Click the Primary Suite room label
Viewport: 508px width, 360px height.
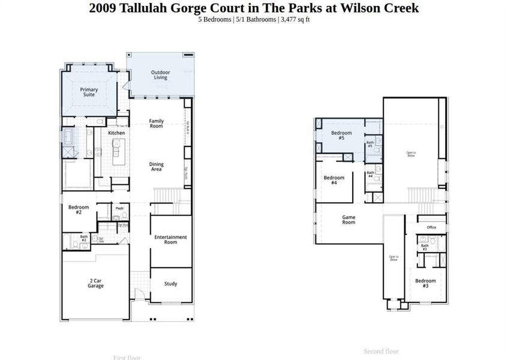pos(89,92)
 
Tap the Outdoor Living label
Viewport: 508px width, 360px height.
pos(160,75)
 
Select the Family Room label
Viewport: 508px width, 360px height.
pos(156,124)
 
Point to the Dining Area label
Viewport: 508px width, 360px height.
pos(156,167)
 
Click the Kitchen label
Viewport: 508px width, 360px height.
pos(116,133)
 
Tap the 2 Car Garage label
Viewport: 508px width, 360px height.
pos(95,283)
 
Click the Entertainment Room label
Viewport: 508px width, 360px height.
pos(170,239)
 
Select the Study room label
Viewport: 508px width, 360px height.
pos(170,284)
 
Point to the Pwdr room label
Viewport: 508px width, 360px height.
pos(119,209)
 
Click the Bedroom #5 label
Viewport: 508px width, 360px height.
pos(341,135)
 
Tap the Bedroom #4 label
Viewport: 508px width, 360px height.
pos(334,180)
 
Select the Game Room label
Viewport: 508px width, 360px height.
pos(348,220)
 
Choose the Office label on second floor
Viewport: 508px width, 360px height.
pos(431,227)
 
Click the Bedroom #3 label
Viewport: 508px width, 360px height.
pos(425,283)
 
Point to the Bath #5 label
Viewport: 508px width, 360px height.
pos(370,144)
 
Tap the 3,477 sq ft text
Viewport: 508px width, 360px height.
pos(295,20)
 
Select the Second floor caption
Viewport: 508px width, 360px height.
pos(381,351)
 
